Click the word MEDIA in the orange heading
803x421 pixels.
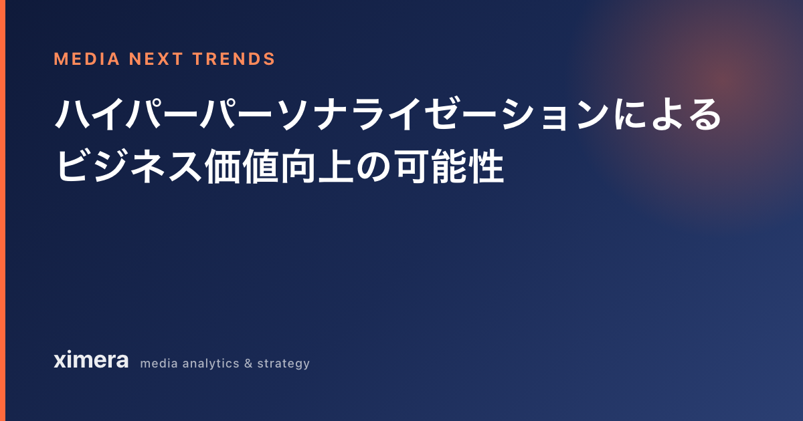click(87, 59)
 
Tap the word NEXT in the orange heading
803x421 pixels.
click(157, 59)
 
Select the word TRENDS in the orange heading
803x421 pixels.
click(234, 59)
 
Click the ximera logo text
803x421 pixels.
click(91, 360)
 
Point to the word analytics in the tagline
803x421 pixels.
click(211, 364)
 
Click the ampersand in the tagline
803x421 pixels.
click(248, 364)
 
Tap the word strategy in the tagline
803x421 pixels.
click(284, 364)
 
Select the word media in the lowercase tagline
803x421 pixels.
click(159, 364)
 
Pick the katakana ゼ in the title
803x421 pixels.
click(444, 114)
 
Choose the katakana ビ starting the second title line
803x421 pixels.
click(74, 166)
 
